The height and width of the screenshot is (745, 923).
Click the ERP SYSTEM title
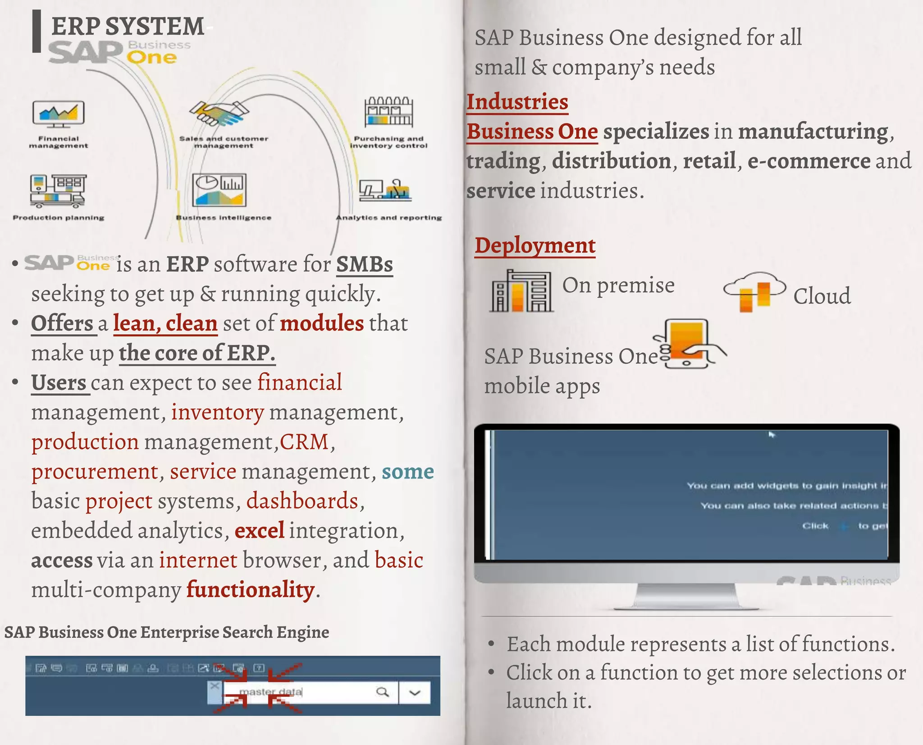(x=128, y=26)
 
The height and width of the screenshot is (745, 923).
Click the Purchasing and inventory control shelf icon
(x=388, y=112)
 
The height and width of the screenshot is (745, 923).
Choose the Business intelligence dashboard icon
(x=219, y=190)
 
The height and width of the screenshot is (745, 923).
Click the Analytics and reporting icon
(x=386, y=189)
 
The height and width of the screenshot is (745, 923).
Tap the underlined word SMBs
(x=365, y=265)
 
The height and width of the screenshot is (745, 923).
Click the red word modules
(x=322, y=323)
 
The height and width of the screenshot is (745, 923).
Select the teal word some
(x=408, y=472)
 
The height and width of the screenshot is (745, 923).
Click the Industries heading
(x=517, y=102)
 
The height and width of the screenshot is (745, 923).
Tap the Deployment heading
(x=535, y=246)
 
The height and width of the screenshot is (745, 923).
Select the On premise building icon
(x=521, y=291)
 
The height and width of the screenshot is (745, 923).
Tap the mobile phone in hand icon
(x=688, y=344)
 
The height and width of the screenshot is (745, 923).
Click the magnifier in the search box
(x=383, y=692)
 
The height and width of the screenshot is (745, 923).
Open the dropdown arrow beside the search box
(x=415, y=693)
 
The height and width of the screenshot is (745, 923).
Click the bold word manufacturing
(x=813, y=132)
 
